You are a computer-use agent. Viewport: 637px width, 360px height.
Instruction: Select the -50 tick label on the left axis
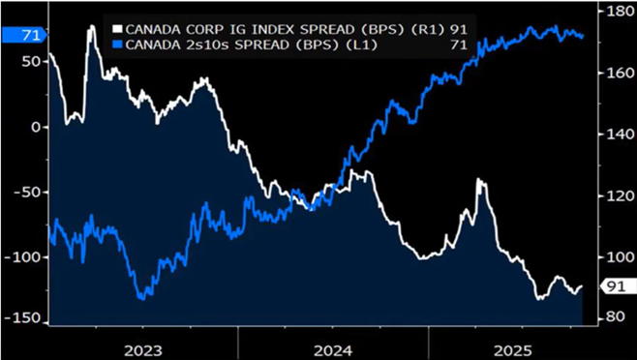(27, 192)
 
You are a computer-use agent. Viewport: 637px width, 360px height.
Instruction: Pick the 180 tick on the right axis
(616, 12)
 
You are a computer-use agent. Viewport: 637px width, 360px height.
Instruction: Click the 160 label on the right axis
(616, 73)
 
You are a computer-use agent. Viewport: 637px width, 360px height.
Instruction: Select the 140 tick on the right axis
(616, 135)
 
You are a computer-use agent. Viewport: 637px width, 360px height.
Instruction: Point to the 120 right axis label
(616, 196)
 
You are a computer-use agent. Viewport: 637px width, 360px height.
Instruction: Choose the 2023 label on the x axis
(143, 347)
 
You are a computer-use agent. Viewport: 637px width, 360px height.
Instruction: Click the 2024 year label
(332, 347)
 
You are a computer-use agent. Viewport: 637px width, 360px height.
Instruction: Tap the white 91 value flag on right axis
(616, 286)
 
